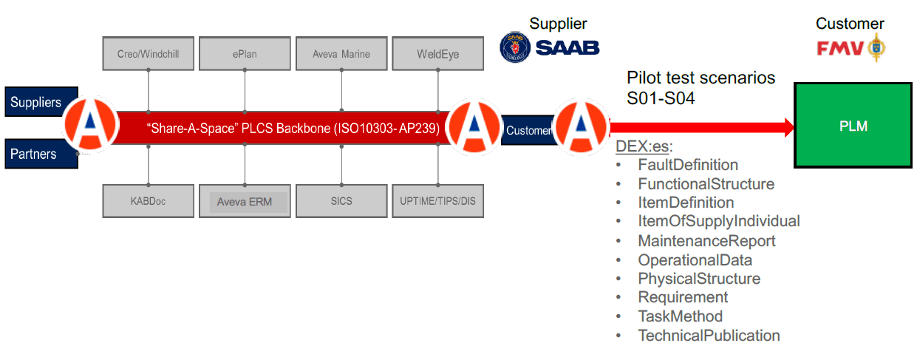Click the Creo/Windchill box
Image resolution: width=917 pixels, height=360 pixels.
(x=148, y=53)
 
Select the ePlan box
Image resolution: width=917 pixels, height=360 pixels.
(x=244, y=53)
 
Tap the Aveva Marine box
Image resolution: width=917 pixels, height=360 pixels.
(x=341, y=53)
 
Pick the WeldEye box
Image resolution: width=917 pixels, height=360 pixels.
(x=438, y=53)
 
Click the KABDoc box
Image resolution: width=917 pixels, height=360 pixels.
(x=148, y=201)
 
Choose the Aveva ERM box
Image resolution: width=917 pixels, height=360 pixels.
(x=244, y=202)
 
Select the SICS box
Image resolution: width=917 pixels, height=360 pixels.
(x=341, y=201)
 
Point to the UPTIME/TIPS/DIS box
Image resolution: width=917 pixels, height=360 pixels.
(x=438, y=201)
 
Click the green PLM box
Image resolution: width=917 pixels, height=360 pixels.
(x=852, y=126)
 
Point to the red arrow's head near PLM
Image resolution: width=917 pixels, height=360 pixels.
(x=784, y=127)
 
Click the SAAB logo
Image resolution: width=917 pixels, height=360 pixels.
(x=550, y=47)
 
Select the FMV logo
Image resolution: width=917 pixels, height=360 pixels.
(x=850, y=49)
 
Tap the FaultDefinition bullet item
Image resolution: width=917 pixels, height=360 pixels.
(x=687, y=165)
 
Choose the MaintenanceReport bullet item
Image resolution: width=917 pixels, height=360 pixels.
(x=706, y=241)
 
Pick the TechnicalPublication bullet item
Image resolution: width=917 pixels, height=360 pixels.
(x=709, y=336)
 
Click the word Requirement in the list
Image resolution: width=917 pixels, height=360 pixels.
(x=683, y=297)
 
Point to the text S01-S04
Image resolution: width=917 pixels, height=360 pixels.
(x=661, y=97)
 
